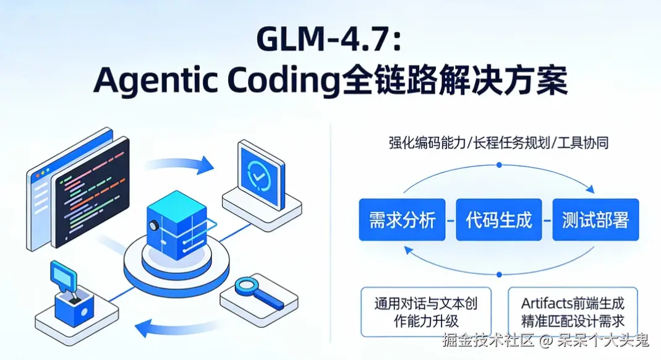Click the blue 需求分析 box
pyautogui.click(x=402, y=220)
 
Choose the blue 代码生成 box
pyautogui.click(x=498, y=220)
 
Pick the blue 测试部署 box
pyautogui.click(x=595, y=220)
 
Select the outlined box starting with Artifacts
pyautogui.click(x=572, y=312)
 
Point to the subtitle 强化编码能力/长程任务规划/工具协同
pyautogui.click(x=499, y=143)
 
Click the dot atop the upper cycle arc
pyautogui.click(x=499, y=165)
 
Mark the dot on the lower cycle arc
pyautogui.click(x=499, y=273)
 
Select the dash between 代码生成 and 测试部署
pyautogui.click(x=547, y=220)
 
